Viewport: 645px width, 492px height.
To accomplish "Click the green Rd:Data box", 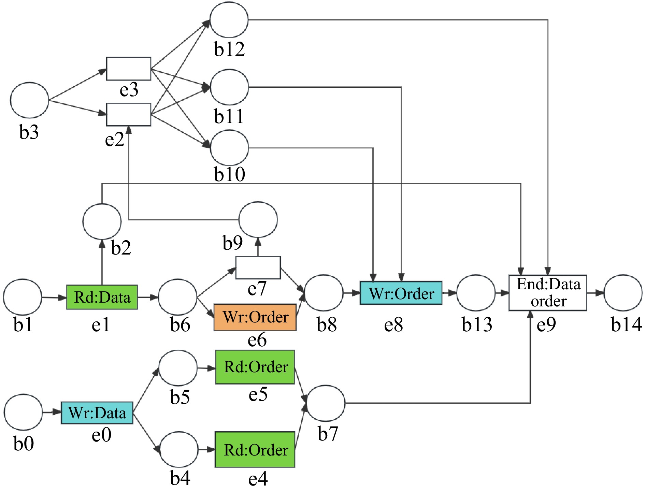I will click(102, 297).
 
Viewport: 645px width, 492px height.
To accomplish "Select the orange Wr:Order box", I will click(255, 317).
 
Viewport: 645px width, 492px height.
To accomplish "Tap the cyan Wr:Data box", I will click(97, 413).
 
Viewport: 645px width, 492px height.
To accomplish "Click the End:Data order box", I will click(547, 293).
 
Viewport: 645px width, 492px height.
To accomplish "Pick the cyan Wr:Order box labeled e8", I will click(401, 293).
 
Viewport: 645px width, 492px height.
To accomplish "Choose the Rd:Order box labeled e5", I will click(255, 367).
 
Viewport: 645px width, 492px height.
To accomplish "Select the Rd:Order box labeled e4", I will click(255, 450).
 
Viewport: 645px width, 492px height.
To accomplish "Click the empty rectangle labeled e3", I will click(129, 69).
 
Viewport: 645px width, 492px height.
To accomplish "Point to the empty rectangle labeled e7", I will click(258, 267).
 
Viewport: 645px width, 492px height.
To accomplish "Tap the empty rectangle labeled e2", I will click(129, 114).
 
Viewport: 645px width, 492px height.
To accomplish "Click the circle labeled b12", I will click(229, 20).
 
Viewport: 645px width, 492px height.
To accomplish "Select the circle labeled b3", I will click(30, 100).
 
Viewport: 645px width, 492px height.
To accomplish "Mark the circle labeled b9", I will click(258, 219).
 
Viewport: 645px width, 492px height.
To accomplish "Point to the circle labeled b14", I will click(623, 293).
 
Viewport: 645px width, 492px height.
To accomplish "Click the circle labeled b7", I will click(326, 403).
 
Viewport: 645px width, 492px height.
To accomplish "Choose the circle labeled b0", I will click(23, 412).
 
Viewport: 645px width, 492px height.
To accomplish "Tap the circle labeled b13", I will click(476, 293).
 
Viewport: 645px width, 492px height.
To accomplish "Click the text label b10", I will click(229, 174).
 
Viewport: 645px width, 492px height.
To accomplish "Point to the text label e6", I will click(257, 340).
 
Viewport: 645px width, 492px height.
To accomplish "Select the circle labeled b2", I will click(102, 221).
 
